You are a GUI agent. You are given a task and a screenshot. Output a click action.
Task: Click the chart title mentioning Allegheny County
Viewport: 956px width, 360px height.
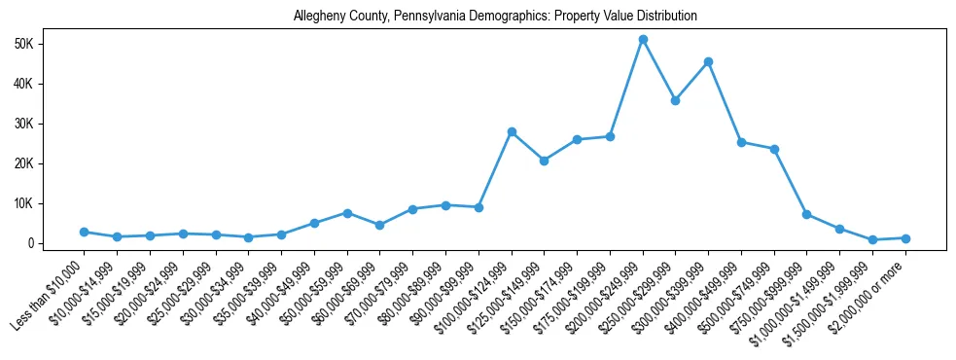(x=495, y=17)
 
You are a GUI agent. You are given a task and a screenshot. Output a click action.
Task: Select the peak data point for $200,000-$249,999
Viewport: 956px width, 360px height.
(x=643, y=39)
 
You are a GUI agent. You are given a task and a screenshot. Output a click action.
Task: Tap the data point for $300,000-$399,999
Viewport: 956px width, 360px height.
(x=708, y=61)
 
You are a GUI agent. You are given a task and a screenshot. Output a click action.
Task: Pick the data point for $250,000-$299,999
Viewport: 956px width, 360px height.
(x=675, y=100)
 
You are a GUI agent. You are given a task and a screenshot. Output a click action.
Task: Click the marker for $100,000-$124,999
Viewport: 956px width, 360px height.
(x=512, y=131)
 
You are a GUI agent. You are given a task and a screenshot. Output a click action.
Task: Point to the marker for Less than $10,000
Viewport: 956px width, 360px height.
(x=84, y=232)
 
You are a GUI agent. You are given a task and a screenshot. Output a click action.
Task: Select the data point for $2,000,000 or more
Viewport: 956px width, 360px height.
(x=905, y=238)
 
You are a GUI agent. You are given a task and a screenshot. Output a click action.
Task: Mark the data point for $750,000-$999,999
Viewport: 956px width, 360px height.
(x=806, y=214)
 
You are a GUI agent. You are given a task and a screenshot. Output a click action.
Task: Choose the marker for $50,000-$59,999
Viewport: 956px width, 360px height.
(x=347, y=212)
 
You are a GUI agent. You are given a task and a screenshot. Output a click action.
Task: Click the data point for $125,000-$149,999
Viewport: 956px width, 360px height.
(x=544, y=161)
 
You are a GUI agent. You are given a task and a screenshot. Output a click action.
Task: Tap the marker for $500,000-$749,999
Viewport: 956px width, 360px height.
(x=774, y=149)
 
